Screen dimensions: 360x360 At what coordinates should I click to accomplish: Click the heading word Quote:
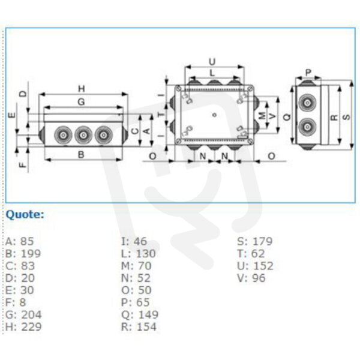[25, 215]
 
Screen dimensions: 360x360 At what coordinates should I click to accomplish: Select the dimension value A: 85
[20, 241]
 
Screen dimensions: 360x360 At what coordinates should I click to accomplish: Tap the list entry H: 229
[23, 327]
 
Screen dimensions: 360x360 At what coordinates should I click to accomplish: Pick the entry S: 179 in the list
[255, 241]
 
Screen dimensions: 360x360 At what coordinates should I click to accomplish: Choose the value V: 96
[251, 278]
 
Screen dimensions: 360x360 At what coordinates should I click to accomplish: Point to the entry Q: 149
[140, 314]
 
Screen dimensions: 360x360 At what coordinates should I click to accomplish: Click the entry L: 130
[139, 253]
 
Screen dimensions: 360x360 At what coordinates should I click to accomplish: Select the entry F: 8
[16, 302]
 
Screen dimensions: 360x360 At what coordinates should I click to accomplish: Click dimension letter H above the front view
[82, 89]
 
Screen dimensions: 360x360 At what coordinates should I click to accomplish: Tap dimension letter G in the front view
[81, 102]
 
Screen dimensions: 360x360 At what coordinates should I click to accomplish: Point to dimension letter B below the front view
[81, 155]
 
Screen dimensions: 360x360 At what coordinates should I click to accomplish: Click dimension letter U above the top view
[212, 62]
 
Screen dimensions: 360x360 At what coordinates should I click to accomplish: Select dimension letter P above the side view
[308, 73]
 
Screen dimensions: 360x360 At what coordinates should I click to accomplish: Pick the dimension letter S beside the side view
[346, 117]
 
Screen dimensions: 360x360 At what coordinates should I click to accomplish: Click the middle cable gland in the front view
[83, 135]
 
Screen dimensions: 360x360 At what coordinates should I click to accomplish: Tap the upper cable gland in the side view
[307, 103]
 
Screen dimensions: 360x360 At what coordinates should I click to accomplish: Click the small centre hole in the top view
[214, 115]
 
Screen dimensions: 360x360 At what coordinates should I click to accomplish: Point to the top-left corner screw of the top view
[179, 88]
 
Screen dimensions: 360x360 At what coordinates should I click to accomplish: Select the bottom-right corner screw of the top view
[250, 141]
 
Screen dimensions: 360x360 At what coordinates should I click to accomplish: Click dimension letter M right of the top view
[262, 115]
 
